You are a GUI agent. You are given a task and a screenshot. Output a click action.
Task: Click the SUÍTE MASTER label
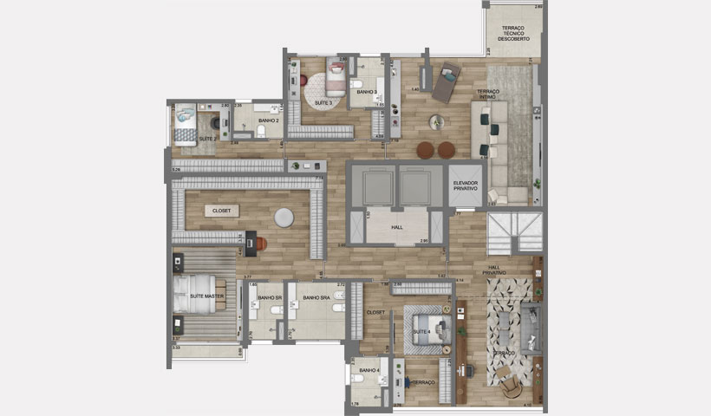pos(205,297)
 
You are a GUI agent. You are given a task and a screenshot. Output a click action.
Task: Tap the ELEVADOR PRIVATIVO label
pos(466,185)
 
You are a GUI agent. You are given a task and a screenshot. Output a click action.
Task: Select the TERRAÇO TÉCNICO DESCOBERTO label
pos(513,33)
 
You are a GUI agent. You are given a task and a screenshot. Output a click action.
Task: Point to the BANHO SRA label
pos(315,297)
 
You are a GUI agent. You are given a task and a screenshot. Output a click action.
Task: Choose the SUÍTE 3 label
pos(323,103)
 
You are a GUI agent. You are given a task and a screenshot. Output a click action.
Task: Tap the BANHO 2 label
pos(268,120)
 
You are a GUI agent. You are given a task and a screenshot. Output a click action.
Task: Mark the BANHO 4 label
pos(368,370)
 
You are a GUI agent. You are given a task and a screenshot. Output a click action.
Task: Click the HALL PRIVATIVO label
pos(496,270)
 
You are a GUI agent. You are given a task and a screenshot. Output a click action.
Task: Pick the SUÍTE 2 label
pos(207,139)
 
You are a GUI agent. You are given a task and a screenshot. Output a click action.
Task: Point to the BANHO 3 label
pos(366,91)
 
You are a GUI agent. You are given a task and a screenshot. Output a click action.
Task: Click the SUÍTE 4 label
pos(421,331)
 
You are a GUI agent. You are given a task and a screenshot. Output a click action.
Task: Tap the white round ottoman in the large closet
pos(284,217)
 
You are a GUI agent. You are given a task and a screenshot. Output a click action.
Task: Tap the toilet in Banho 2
pos(262,132)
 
